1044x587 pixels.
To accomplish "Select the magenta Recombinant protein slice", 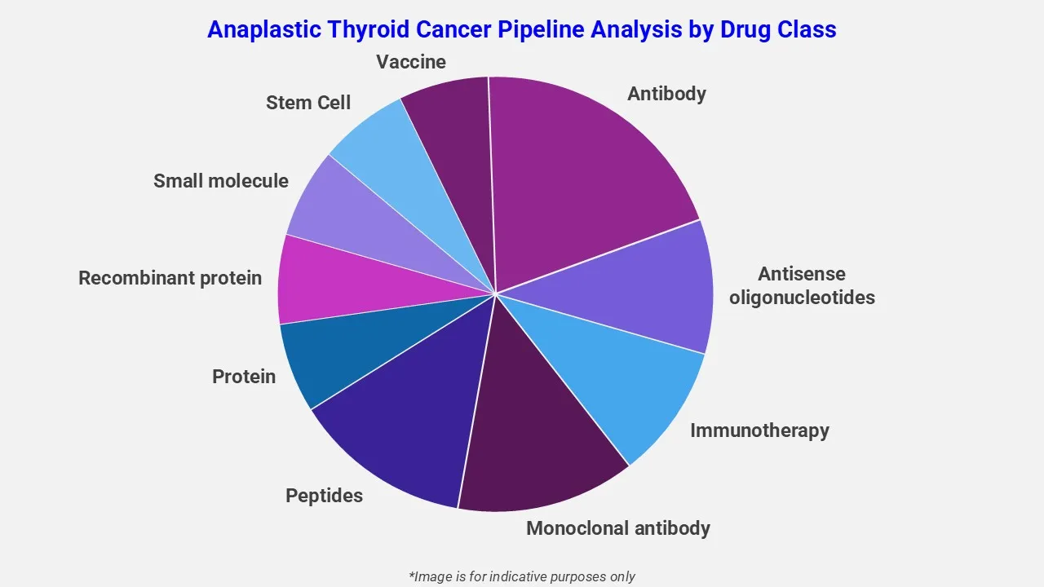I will [x=343, y=285].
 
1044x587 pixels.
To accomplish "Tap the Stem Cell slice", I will [x=400, y=171].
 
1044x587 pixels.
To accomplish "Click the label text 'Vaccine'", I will [x=411, y=62].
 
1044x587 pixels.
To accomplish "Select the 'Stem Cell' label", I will [x=308, y=103].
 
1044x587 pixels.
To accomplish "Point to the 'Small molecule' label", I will [x=221, y=181].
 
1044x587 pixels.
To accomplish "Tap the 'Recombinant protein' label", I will [x=170, y=278].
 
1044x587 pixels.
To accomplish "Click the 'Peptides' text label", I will [x=324, y=496].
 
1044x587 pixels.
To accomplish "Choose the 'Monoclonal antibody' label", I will [x=618, y=528].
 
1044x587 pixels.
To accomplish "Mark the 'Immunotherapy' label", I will [x=759, y=430].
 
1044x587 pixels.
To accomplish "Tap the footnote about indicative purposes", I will [x=522, y=576].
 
